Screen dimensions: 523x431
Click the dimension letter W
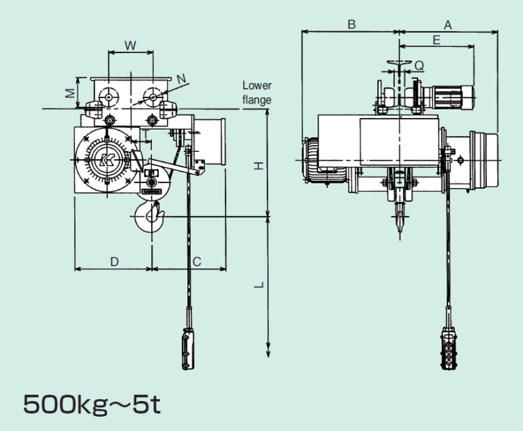(131, 46)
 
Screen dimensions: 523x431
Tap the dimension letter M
(70, 93)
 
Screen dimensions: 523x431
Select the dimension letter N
(181, 79)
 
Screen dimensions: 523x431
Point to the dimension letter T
(146, 134)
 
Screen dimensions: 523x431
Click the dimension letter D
(114, 262)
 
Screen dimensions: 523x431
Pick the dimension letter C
(197, 262)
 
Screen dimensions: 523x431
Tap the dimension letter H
(259, 165)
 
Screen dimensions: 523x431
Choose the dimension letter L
(259, 285)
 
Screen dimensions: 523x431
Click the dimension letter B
(351, 25)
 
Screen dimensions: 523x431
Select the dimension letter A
(447, 25)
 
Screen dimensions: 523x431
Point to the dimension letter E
(437, 40)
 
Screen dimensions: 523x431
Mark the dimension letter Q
(419, 66)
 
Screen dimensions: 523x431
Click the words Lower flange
(257, 93)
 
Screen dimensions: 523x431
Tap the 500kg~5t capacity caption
(92, 404)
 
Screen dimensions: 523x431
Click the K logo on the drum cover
(108, 160)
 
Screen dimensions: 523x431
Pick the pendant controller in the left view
(188, 349)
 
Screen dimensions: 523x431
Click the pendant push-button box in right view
(449, 349)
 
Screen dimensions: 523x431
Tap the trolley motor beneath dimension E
(452, 97)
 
